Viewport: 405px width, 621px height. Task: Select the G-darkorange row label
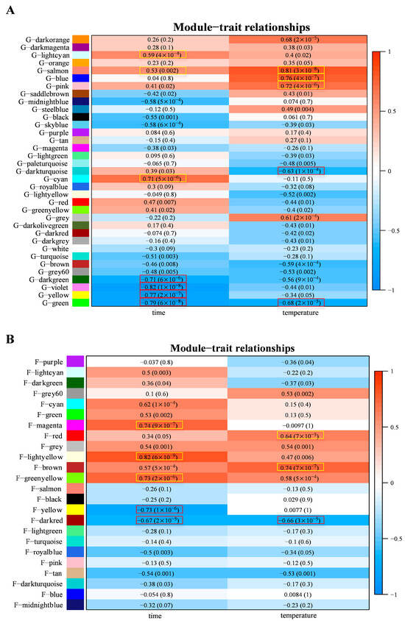coord(46,39)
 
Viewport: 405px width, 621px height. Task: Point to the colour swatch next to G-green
coord(81,302)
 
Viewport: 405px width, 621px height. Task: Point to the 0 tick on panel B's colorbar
coord(386,486)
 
